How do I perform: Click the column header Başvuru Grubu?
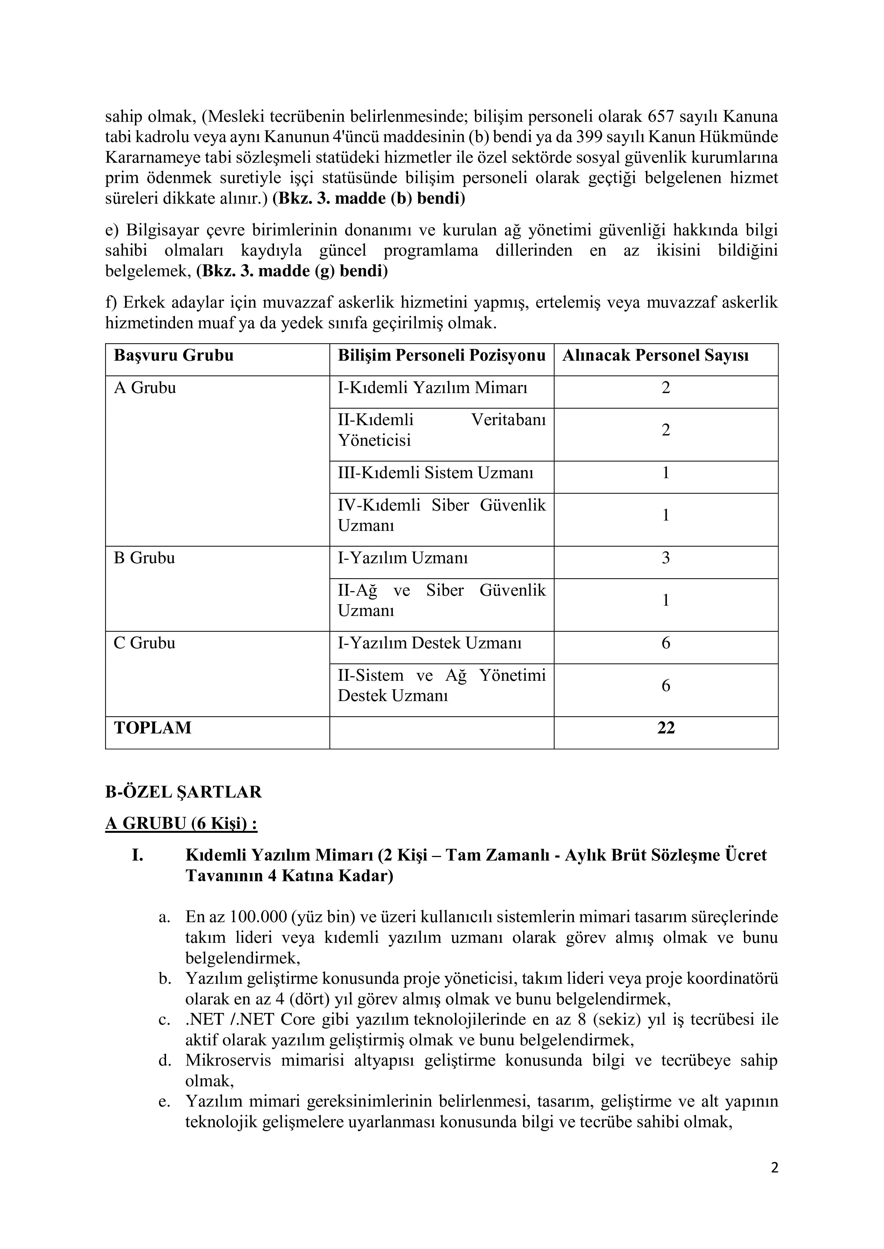click(174, 356)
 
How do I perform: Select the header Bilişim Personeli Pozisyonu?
click(441, 356)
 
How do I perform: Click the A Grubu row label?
click(145, 388)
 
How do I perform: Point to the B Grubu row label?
click(144, 558)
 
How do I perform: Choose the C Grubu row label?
click(144, 643)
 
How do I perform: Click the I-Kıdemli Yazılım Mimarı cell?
click(433, 388)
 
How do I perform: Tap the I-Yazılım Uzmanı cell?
click(403, 558)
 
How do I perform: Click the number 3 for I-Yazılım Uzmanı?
click(666, 558)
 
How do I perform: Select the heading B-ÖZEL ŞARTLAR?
click(183, 792)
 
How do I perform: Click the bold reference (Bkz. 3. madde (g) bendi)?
click(292, 271)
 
